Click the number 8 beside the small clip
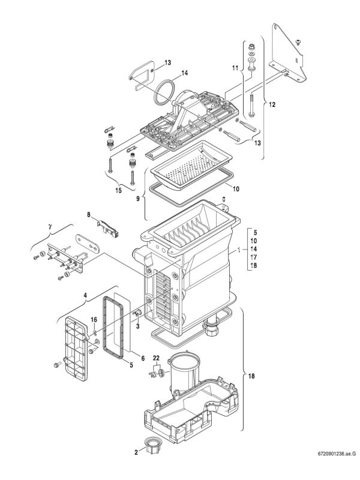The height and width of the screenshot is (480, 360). pos(88,214)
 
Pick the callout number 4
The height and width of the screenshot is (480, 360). pos(86,295)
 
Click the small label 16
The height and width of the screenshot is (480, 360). pos(94,319)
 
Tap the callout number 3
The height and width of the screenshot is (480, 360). pos(137,326)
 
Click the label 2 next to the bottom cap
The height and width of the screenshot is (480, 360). pos(136,451)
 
